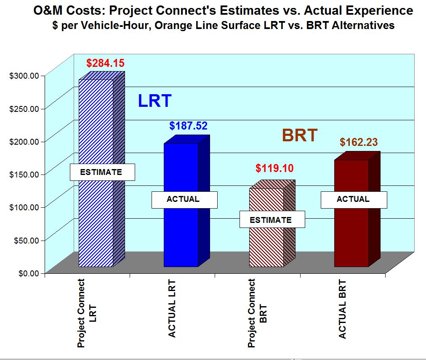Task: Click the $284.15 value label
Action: pyautogui.click(x=105, y=64)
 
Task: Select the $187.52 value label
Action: pyautogui.click(x=189, y=126)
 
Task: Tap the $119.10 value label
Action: pyautogui.click(x=274, y=168)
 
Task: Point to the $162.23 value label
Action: pyautogui.click(x=359, y=143)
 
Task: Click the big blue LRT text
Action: pyautogui.click(x=154, y=101)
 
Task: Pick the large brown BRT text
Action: pyautogui.click(x=299, y=136)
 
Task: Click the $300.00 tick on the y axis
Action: pyautogui.click(x=24, y=76)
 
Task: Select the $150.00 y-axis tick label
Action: pyautogui.click(x=24, y=175)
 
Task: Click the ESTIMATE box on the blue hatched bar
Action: pyautogui.click(x=102, y=172)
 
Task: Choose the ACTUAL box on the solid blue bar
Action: pyautogui.click(x=184, y=199)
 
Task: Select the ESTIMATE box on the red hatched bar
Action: pyautogui.click(x=272, y=220)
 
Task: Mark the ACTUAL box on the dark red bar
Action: pyautogui.click(x=354, y=199)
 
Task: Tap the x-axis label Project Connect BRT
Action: pyautogui.click(x=257, y=313)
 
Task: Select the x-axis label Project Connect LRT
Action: pyautogui.click(x=87, y=313)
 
